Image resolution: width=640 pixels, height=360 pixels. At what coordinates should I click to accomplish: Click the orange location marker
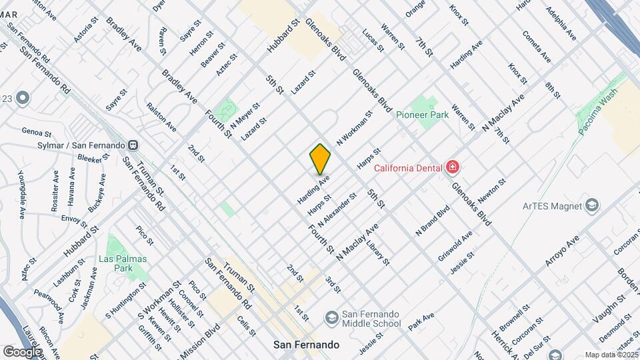click(x=320, y=159)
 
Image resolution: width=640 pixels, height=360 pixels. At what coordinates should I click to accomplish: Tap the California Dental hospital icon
click(x=453, y=167)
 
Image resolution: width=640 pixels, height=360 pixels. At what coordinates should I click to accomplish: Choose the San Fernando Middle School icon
click(x=331, y=315)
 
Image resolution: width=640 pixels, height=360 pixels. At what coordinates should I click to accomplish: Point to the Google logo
click(x=22, y=351)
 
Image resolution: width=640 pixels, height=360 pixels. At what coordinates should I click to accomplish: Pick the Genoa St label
click(x=36, y=132)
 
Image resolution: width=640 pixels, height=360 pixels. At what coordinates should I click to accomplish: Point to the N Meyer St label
click(x=245, y=115)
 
